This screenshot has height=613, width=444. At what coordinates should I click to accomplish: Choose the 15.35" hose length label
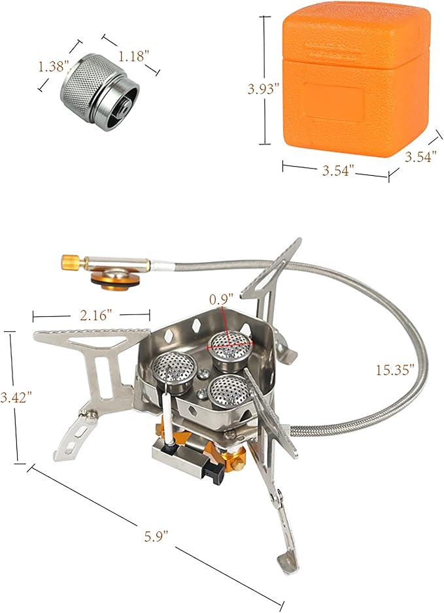[x=395, y=370]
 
